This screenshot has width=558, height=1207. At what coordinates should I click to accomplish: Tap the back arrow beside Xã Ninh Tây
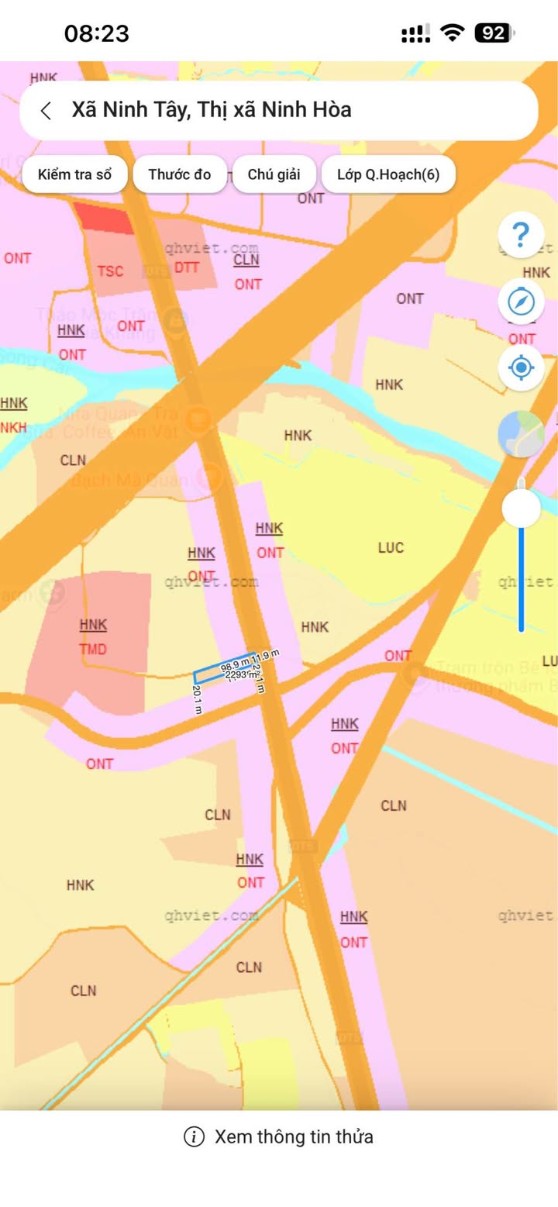pyautogui.click(x=46, y=110)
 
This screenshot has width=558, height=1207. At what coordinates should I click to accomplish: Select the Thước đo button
pyautogui.click(x=180, y=174)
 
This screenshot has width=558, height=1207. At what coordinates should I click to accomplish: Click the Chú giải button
pyautogui.click(x=274, y=174)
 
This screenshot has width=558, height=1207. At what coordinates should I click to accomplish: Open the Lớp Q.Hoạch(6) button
pyautogui.click(x=387, y=174)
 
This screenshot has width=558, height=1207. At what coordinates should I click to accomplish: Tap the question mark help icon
pyautogui.click(x=521, y=234)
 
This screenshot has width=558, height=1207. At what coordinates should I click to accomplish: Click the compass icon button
pyautogui.click(x=521, y=301)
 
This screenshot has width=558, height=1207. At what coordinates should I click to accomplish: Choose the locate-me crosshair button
pyautogui.click(x=521, y=367)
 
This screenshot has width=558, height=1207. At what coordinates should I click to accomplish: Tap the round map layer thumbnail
pyautogui.click(x=521, y=433)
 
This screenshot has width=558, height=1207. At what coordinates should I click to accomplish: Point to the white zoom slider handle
pyautogui.click(x=521, y=509)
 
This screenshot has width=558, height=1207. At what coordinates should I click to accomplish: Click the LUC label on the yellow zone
pyautogui.click(x=391, y=548)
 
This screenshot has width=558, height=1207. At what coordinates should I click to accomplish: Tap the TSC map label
pyautogui.click(x=110, y=271)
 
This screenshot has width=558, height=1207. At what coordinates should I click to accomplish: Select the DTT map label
pyautogui.click(x=186, y=267)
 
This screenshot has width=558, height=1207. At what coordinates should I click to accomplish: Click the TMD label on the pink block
pyautogui.click(x=93, y=650)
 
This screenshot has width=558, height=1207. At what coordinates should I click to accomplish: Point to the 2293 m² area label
pyautogui.click(x=240, y=675)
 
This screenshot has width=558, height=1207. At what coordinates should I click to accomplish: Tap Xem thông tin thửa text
pyautogui.click(x=294, y=1137)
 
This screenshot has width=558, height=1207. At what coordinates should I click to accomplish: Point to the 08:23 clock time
pyautogui.click(x=96, y=33)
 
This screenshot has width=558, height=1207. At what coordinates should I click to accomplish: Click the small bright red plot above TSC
pyautogui.click(x=105, y=217)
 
